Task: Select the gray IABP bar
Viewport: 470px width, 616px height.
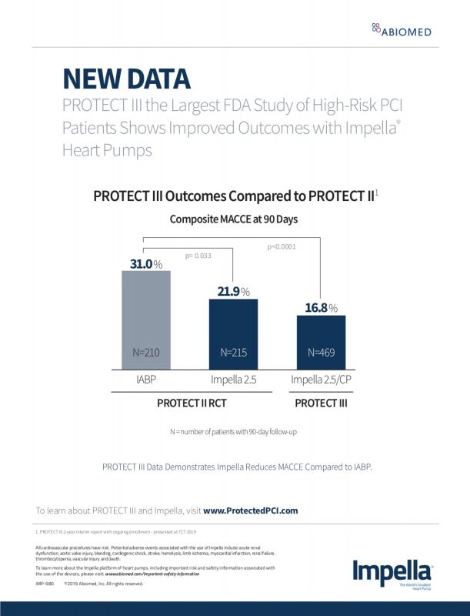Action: click(x=146, y=320)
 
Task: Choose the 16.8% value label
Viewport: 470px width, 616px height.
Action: click(x=321, y=308)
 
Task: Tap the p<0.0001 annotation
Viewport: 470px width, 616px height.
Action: click(x=281, y=247)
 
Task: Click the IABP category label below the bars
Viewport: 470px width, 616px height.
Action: click(x=145, y=380)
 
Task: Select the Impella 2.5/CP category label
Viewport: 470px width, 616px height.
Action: click(x=321, y=380)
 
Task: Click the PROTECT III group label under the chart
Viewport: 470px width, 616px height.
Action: click(x=322, y=403)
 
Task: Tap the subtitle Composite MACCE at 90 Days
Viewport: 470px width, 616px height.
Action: click(x=233, y=219)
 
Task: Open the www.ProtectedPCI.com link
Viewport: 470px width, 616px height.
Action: click(x=250, y=510)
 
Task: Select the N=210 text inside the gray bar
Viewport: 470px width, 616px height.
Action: click(x=145, y=353)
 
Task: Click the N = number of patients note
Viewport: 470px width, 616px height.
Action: click(x=233, y=432)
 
